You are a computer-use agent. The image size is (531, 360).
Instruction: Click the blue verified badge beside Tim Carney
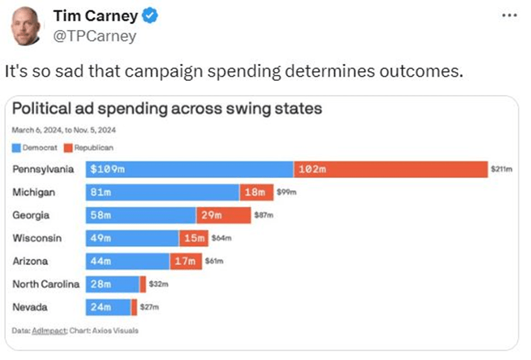click(151, 17)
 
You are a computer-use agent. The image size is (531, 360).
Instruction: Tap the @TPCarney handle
click(94, 36)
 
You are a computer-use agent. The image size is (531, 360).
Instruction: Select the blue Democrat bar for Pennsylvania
click(189, 169)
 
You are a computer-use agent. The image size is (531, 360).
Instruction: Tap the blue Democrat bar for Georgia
click(141, 215)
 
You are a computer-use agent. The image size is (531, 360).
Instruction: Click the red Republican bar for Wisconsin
click(193, 238)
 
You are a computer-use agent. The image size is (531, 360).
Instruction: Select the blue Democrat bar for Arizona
click(128, 261)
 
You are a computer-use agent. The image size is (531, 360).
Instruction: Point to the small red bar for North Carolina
click(143, 284)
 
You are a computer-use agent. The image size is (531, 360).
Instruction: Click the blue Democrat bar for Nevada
click(108, 307)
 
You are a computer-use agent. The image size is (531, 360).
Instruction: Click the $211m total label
click(502, 170)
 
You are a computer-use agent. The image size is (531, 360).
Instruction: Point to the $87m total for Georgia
click(261, 216)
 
